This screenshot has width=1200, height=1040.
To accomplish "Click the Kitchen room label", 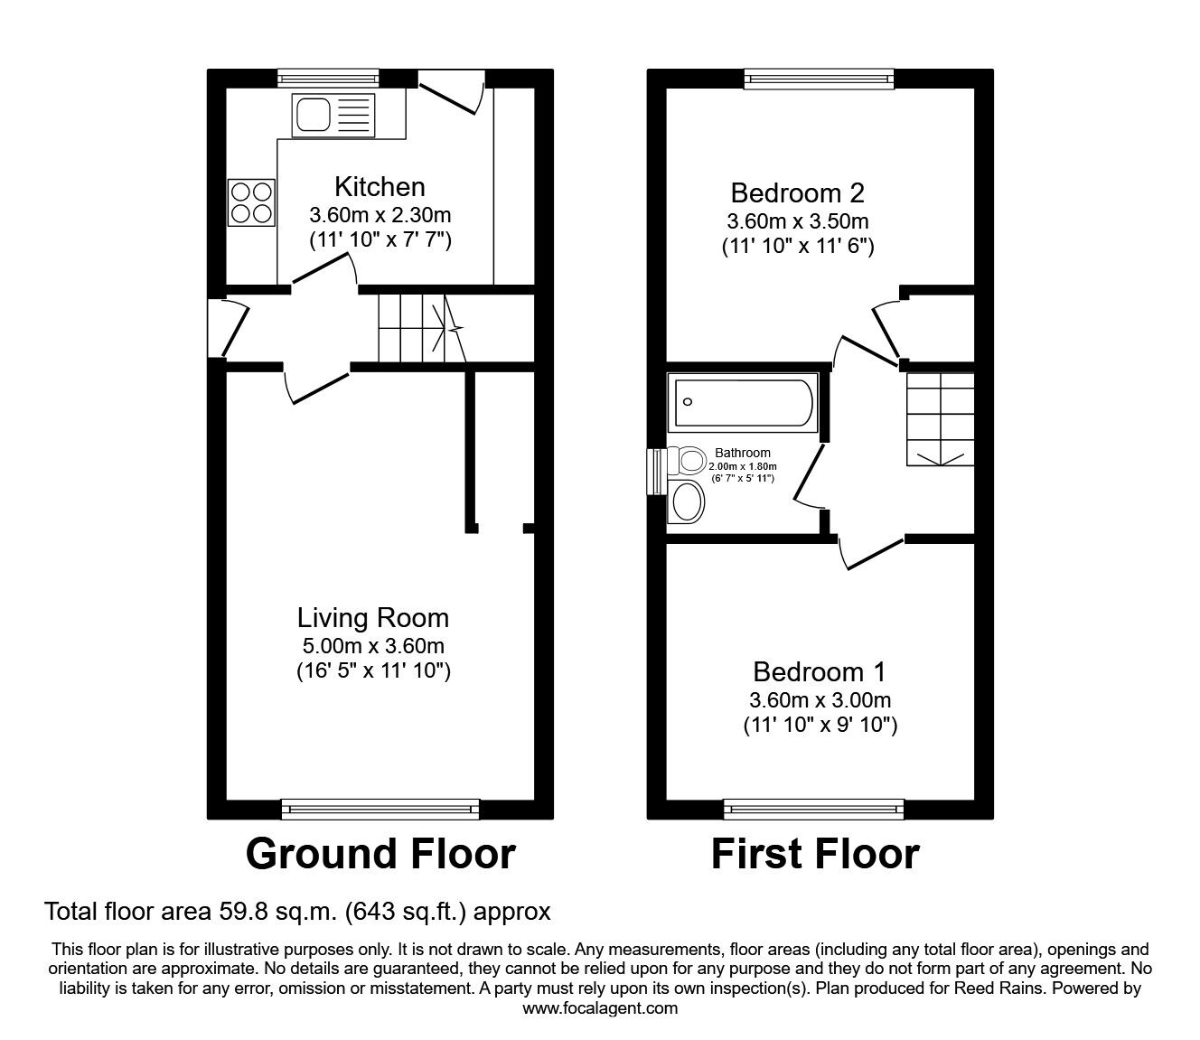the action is pyautogui.click(x=380, y=187).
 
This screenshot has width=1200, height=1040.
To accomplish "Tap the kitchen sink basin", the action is pyautogui.click(x=313, y=115).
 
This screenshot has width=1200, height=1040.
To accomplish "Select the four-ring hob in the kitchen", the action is pyautogui.click(x=251, y=202).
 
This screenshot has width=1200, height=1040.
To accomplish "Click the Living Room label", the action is pyautogui.click(x=373, y=618).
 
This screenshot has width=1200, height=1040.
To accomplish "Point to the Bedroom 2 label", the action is pyautogui.click(x=797, y=192).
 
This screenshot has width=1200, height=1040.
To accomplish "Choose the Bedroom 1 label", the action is pyautogui.click(x=820, y=672).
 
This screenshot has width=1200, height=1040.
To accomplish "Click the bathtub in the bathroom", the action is pyautogui.click(x=743, y=402).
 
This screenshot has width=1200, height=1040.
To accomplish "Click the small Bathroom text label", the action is pyautogui.click(x=743, y=453).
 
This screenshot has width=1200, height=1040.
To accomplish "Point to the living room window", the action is pyautogui.click(x=380, y=809).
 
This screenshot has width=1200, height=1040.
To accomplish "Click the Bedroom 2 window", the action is pyautogui.click(x=820, y=79).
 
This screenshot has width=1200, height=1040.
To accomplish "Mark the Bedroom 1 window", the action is pyautogui.click(x=813, y=809).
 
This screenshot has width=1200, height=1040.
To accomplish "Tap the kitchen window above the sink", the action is pyautogui.click(x=328, y=79).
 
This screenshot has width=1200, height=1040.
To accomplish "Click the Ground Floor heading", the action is pyautogui.click(x=380, y=854).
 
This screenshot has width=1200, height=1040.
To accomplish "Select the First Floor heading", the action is pyautogui.click(x=815, y=854).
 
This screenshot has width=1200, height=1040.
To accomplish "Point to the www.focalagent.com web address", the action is pyautogui.click(x=600, y=1008).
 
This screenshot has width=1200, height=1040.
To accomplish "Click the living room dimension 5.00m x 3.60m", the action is pyautogui.click(x=373, y=646).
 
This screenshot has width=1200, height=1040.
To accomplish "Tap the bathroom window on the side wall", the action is pyautogui.click(x=657, y=472).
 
